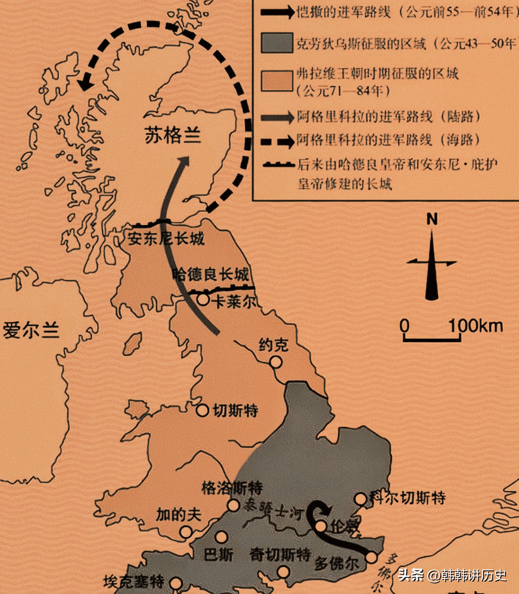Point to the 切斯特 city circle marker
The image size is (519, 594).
202,410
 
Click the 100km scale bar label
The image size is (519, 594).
476,326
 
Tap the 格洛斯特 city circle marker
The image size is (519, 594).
233,505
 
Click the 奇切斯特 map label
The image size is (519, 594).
280,555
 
